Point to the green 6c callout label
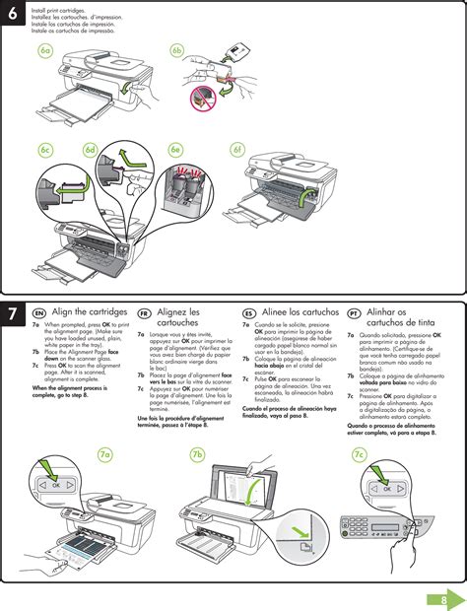(45, 150)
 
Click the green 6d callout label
(91, 150)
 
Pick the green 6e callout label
(175, 150)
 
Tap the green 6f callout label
(236, 150)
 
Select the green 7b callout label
(197, 453)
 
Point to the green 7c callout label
(360, 453)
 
